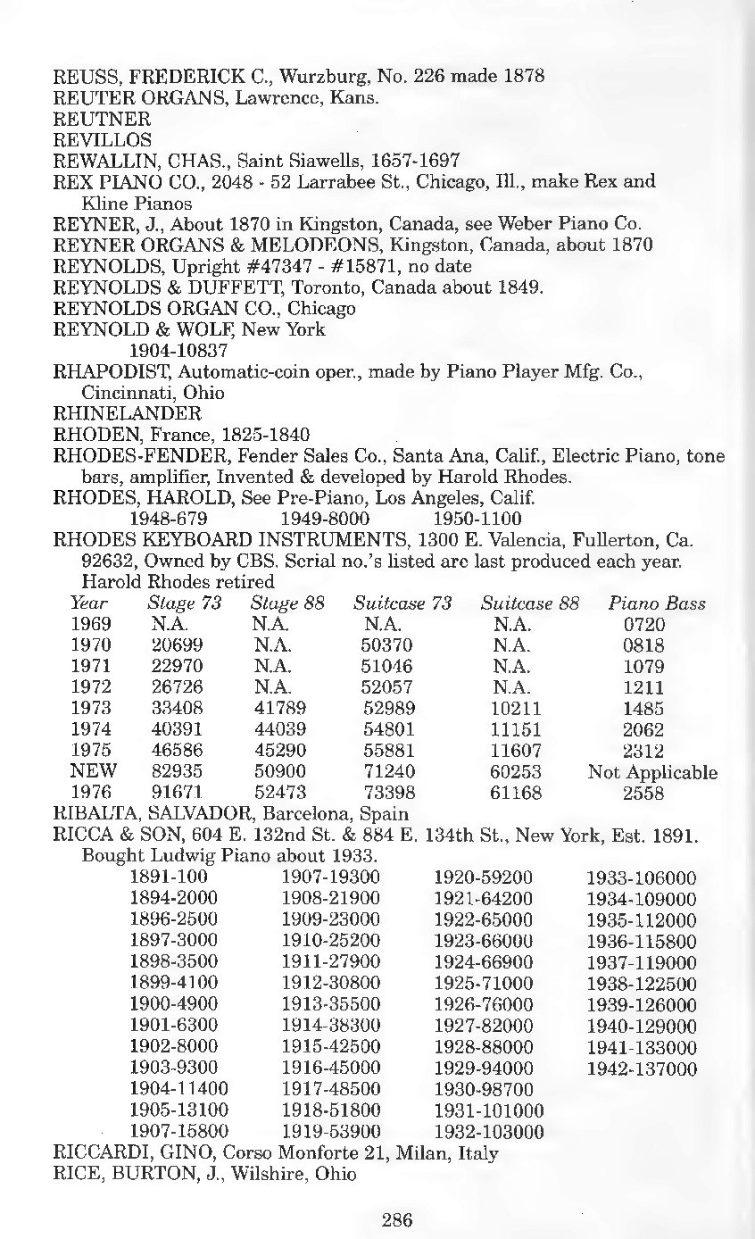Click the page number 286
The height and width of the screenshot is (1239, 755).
397,1219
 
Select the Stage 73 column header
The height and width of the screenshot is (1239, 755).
184,603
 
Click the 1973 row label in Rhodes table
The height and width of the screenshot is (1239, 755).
90,709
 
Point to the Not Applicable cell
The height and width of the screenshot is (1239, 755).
652,772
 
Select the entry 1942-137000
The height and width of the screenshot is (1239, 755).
642,1069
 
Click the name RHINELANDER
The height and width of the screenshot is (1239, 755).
129,413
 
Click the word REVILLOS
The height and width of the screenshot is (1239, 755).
103,139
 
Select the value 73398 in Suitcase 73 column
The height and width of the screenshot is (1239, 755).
388,793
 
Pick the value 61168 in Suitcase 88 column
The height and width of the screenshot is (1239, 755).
516,793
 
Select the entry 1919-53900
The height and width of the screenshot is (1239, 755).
331,1133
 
